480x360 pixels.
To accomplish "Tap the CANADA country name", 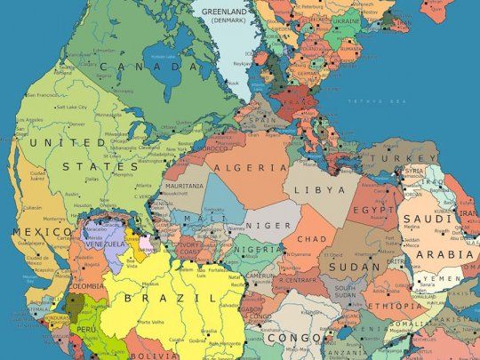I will pos(148,67).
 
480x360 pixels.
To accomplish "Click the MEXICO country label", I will pos(31,232).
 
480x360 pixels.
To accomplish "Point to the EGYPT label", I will pos(372,210).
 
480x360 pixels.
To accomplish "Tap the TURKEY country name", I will pos(416,158).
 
